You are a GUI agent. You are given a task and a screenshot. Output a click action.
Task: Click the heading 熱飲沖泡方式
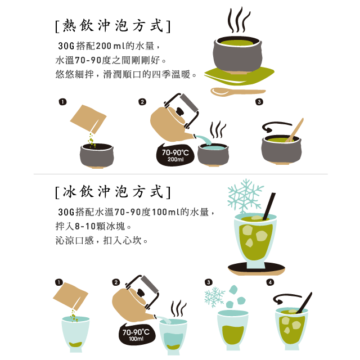click(113, 26)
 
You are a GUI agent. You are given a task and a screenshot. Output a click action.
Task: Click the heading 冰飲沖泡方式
click(113, 192)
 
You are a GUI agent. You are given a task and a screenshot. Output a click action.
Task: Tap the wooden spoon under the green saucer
click(237, 92)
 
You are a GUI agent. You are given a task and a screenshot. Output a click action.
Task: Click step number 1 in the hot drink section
click(62, 102)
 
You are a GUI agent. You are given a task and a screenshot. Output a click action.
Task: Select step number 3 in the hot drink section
click(259, 102)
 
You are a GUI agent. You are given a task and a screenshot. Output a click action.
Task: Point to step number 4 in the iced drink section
click(270, 282)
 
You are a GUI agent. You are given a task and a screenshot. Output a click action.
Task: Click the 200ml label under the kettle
click(175, 159)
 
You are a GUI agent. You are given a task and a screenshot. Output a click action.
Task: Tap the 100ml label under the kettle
click(136, 339)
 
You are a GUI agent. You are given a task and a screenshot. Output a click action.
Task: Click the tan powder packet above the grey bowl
click(88, 119)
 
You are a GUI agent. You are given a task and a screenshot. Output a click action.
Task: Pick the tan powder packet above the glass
click(71, 296)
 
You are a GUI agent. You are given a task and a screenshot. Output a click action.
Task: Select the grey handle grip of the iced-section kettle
click(150, 284)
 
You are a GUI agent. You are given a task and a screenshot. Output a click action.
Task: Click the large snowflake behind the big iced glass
click(245, 196)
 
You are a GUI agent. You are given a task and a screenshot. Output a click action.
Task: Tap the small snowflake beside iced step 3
click(214, 297)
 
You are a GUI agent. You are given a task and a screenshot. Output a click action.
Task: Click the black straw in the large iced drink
click(269, 206)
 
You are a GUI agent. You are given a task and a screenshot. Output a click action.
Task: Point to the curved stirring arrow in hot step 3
click(276, 125)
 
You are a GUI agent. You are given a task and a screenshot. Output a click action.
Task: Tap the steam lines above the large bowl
click(238, 20)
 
